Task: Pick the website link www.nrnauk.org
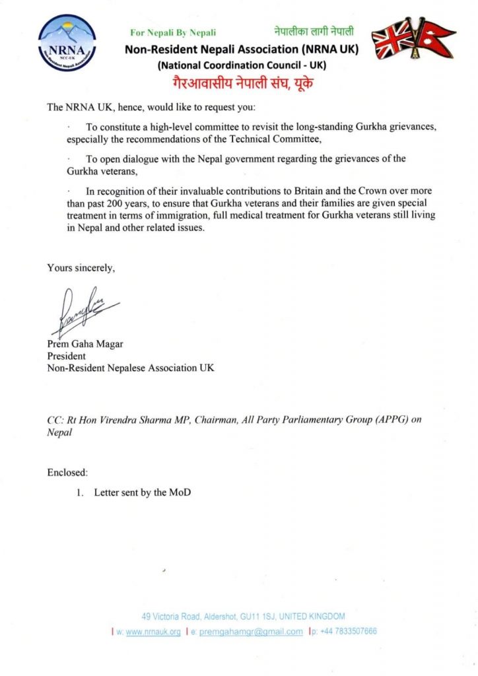(x=153, y=631)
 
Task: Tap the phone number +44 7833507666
(x=349, y=631)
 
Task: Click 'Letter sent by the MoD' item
(x=143, y=492)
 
